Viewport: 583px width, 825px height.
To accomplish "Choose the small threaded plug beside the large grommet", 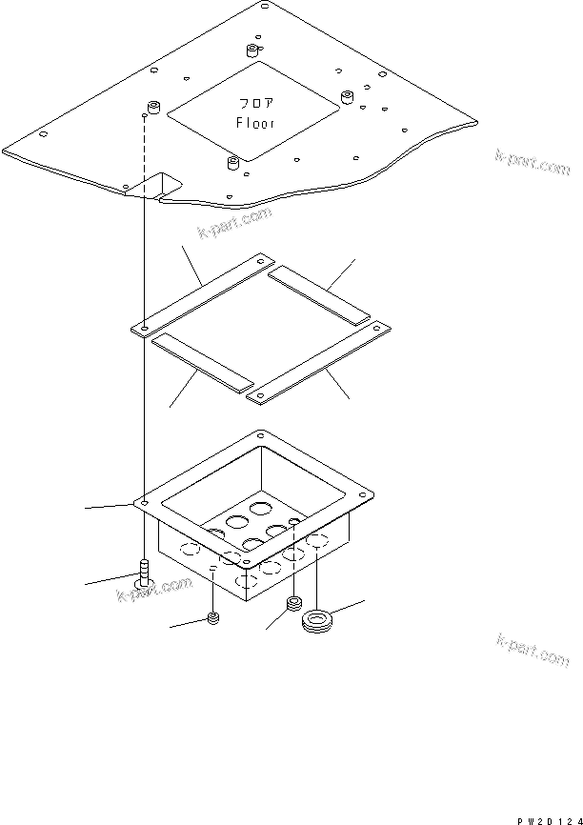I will pyautogui.click(x=293, y=604).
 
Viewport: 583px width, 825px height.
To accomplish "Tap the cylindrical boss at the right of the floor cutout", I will pyautogui.click(x=348, y=97).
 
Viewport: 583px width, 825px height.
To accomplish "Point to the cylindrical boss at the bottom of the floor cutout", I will pyautogui.click(x=233, y=162).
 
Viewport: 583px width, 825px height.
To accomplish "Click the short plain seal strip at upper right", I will pyautogui.click(x=319, y=292).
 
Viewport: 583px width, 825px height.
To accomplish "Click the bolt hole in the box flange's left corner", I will pyautogui.click(x=142, y=499).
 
